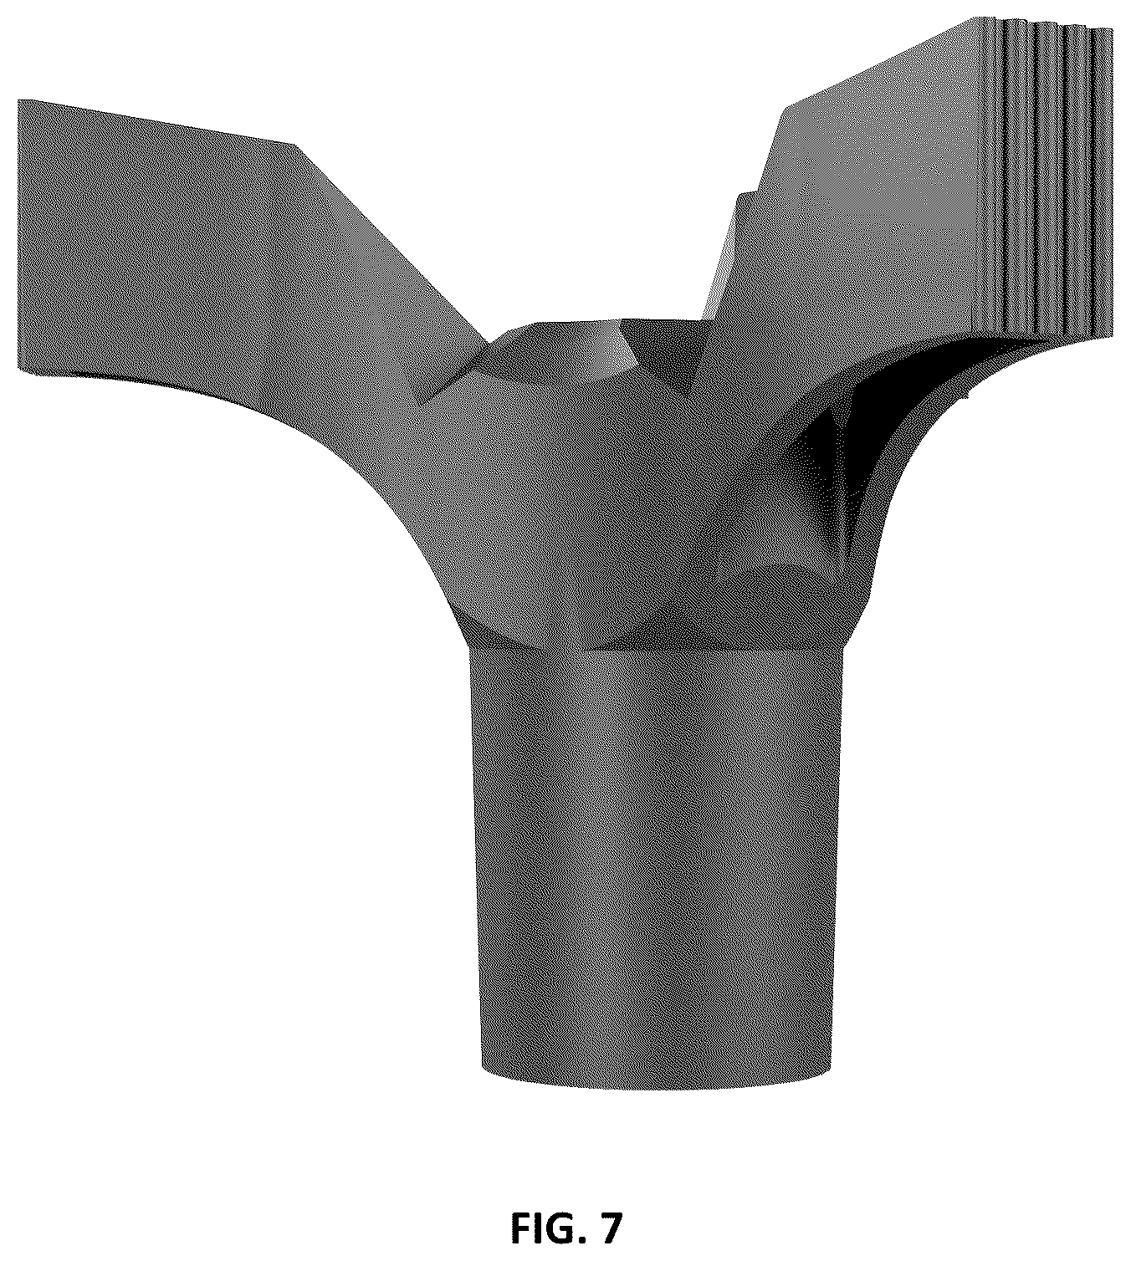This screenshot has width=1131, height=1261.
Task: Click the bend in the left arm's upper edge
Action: click(297, 147)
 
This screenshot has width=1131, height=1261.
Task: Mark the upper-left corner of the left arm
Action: click(19, 100)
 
